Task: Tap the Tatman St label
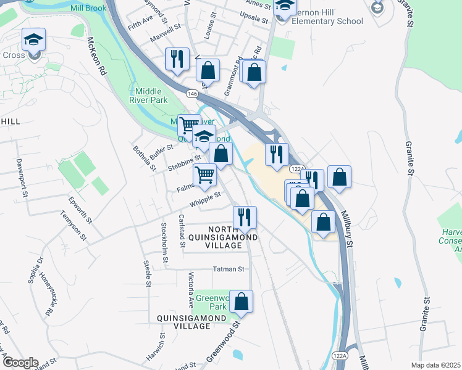pyautogui.click(x=229, y=269)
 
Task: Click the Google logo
pyautogui.click(x=20, y=363)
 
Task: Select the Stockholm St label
pyautogui.click(x=164, y=242)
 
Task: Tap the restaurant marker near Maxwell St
pyautogui.click(x=177, y=59)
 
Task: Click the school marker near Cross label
pyautogui.click(x=33, y=42)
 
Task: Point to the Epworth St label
pyautogui.click(x=81, y=210)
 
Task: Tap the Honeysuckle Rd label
pyautogui.click(x=46, y=295)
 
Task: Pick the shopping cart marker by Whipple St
pyautogui.click(x=204, y=176)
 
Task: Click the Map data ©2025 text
pyautogui.click(x=435, y=365)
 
